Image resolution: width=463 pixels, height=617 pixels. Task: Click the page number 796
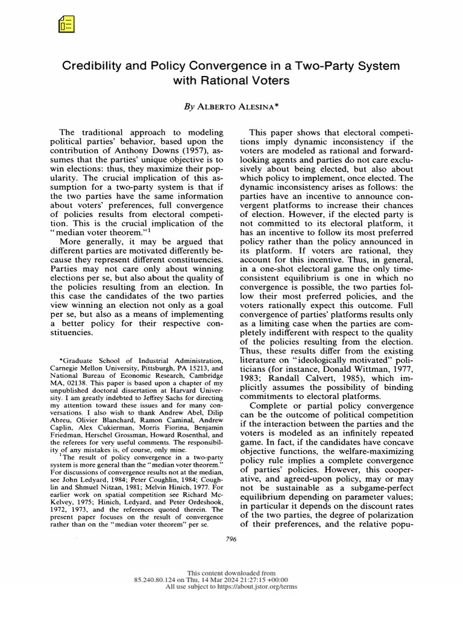pos(231,539)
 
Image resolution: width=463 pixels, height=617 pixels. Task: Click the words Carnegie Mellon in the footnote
pos(78,367)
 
